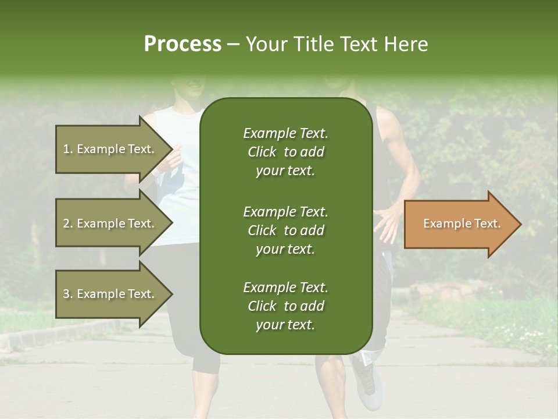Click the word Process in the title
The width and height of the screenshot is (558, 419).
coord(183,44)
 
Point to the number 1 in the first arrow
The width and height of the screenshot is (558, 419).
coord(66,149)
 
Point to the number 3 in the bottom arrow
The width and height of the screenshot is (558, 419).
coord(66,294)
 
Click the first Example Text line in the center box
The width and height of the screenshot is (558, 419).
coord(285,133)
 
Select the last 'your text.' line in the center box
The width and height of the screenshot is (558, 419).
coord(285,325)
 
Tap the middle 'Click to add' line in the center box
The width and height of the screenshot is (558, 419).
coord(285,230)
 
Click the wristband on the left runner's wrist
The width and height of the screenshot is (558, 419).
coord(156,172)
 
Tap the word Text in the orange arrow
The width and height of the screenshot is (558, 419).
coord(488,223)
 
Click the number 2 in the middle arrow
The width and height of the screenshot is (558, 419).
coord(66,223)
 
